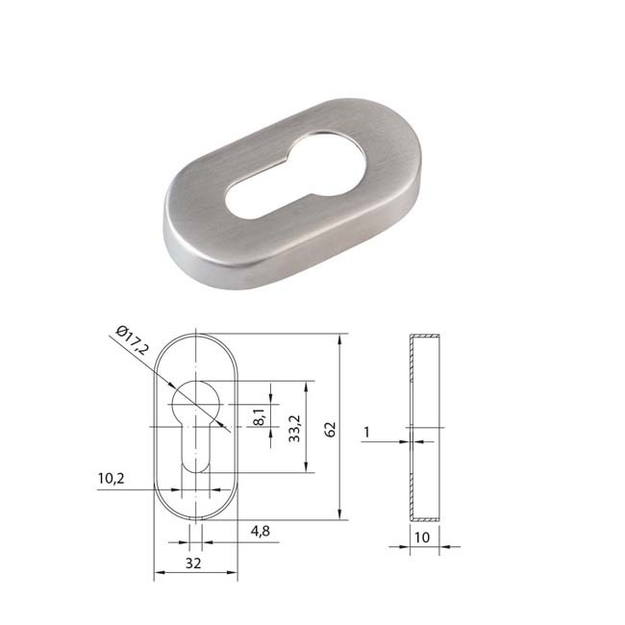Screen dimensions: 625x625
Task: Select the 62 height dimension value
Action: coord(330,429)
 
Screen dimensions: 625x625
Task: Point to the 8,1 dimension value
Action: coord(259,417)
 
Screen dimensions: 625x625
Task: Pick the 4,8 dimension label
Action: coord(259,530)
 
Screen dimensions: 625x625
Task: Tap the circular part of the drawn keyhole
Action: coord(196,398)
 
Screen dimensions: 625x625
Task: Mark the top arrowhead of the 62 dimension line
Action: coord(341,339)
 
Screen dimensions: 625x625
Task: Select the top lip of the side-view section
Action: coord(424,337)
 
